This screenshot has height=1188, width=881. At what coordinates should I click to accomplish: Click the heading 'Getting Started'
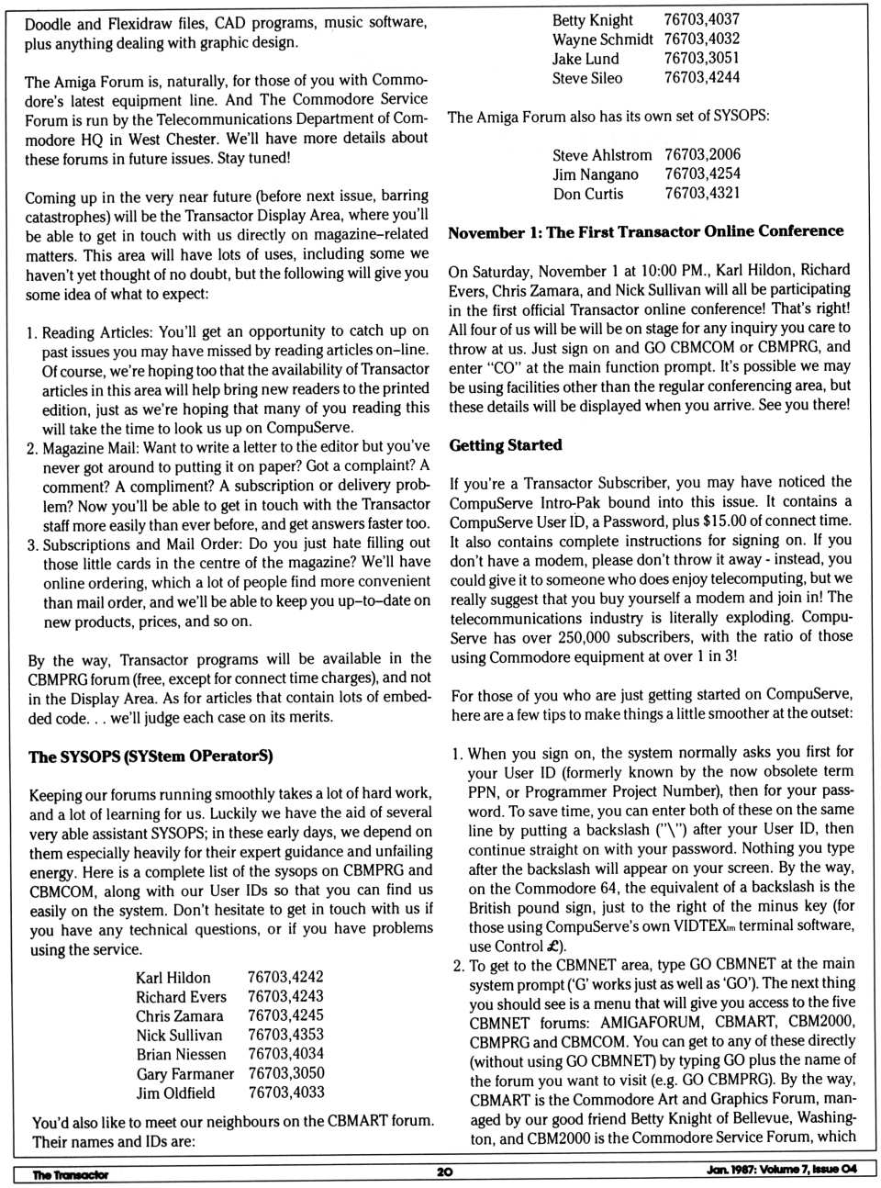click(x=505, y=445)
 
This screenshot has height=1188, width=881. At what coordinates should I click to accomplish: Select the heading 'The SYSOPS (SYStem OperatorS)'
click(x=151, y=757)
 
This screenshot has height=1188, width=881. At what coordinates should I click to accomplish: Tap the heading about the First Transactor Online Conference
click(x=645, y=232)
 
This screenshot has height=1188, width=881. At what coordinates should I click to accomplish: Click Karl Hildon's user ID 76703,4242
click(x=285, y=977)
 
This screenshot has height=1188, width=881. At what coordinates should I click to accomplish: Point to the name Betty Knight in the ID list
click(x=592, y=19)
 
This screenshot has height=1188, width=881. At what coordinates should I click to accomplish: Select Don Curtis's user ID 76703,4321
click(x=702, y=193)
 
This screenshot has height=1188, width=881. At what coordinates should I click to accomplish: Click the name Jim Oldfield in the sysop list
click(x=175, y=1093)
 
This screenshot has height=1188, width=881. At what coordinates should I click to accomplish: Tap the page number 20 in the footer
click(x=445, y=1172)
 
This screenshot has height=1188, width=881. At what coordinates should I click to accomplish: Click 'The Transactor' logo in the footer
click(x=70, y=1174)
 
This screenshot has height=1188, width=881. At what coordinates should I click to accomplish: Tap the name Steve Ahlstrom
click(x=602, y=155)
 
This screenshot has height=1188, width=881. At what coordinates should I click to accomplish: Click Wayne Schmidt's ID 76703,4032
click(x=702, y=39)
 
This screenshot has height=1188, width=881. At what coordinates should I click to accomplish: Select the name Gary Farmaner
click(x=184, y=1073)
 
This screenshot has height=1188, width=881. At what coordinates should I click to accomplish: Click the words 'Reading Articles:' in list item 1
click(x=99, y=331)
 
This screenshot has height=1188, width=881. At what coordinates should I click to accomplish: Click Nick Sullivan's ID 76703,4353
click(x=285, y=1035)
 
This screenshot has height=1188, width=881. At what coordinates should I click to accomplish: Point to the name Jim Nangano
click(x=596, y=174)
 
